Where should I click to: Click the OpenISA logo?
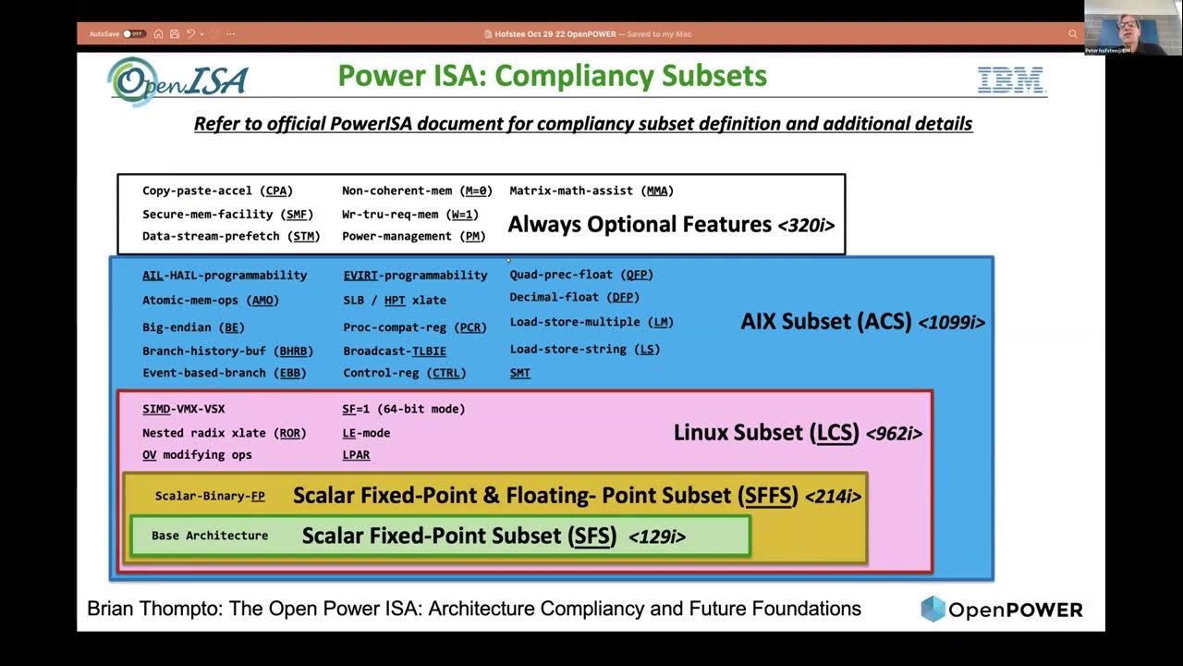(x=177, y=81)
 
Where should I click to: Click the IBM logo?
(x=1010, y=81)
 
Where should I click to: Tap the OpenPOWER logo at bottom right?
(x=1001, y=610)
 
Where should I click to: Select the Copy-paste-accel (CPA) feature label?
(x=217, y=191)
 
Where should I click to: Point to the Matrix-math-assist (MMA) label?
(x=591, y=191)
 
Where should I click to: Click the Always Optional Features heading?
(x=640, y=224)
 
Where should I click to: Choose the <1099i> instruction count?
(x=951, y=323)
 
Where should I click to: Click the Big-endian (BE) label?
(x=193, y=327)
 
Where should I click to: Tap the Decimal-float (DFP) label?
(x=574, y=297)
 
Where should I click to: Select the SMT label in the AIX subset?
(x=519, y=373)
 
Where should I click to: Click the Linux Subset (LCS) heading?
(x=766, y=432)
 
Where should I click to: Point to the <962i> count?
(x=894, y=433)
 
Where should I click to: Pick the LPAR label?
(x=356, y=455)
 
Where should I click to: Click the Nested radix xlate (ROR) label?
(x=224, y=433)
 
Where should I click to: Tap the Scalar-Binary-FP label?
(x=210, y=496)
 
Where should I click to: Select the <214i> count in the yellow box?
(x=833, y=497)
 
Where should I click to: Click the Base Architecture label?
(x=210, y=536)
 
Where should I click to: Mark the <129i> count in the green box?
(x=656, y=536)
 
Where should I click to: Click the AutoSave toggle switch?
(x=134, y=34)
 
